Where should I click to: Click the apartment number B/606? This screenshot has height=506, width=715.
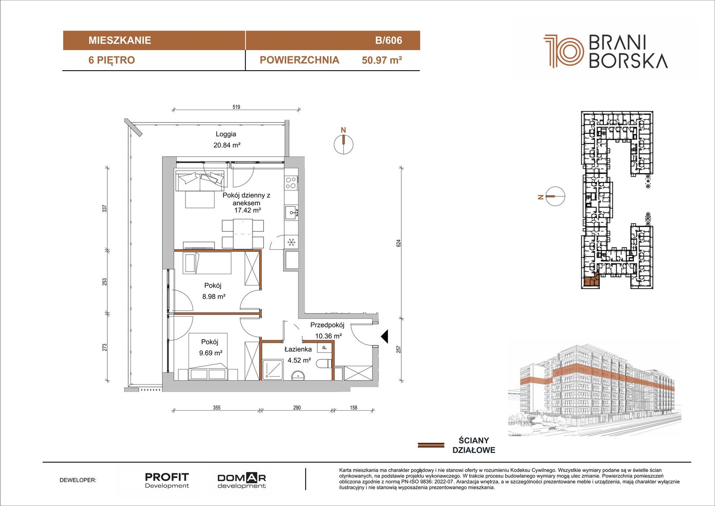[388, 40]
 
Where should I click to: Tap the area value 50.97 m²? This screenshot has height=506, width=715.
[382, 60]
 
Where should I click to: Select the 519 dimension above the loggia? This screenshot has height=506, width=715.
[236, 107]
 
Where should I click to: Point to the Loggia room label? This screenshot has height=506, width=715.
[226, 134]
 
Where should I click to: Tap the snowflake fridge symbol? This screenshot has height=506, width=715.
[291, 242]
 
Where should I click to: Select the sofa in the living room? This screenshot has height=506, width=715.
[200, 181]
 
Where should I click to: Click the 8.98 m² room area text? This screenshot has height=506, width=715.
[214, 296]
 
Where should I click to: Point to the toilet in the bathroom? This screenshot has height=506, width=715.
[325, 364]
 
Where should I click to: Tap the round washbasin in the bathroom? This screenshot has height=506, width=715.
[298, 375]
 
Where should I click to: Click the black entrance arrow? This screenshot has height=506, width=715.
[385, 336]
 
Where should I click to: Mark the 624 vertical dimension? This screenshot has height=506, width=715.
[398, 243]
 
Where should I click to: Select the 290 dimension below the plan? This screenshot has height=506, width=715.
[297, 408]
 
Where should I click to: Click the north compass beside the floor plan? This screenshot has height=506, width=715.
[344, 144]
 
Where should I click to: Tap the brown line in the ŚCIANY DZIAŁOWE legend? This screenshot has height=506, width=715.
[431, 445]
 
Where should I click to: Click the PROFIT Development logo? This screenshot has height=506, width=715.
[167, 480]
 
